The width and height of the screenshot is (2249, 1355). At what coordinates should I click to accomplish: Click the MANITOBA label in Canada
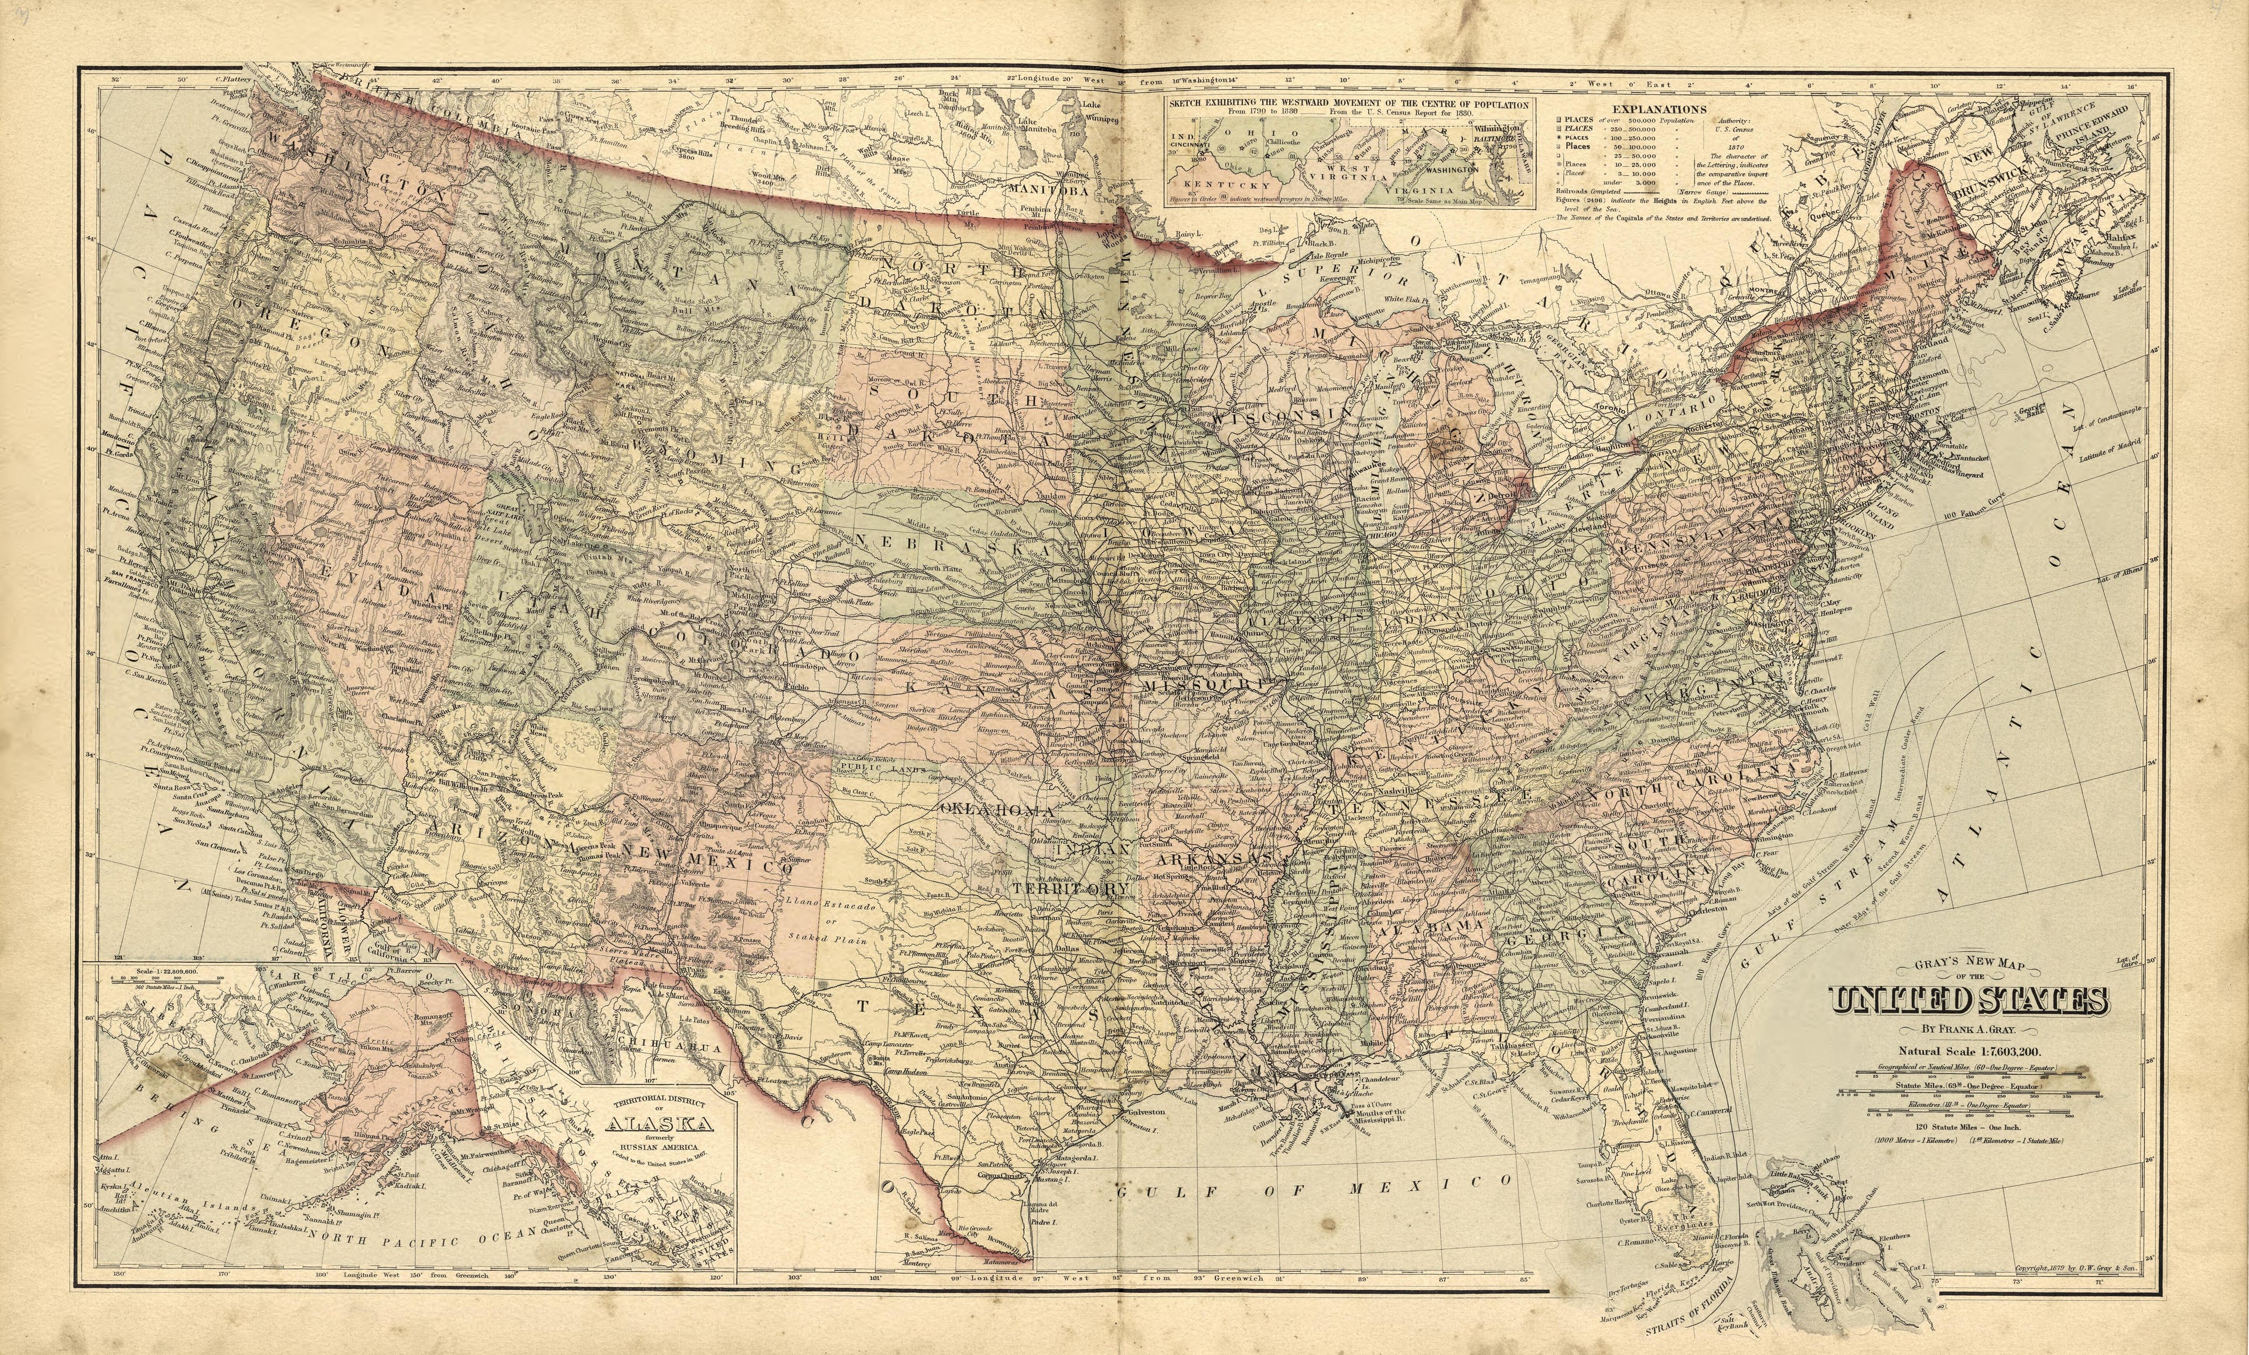coord(1048,190)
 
